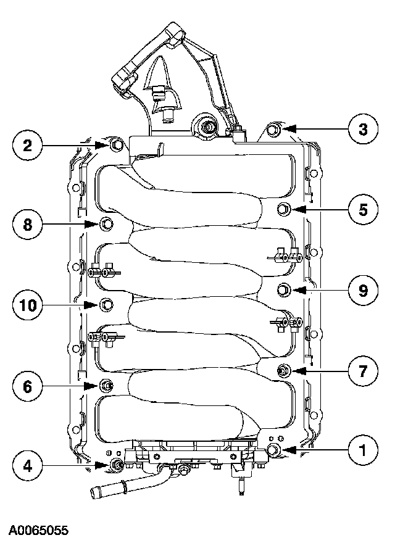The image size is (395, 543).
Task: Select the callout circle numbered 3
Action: point(362,130)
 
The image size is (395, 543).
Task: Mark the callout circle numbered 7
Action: point(362,371)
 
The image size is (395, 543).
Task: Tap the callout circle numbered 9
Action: point(362,289)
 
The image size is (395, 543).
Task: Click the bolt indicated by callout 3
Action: point(274,130)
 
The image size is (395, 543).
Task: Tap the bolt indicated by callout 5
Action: point(284,209)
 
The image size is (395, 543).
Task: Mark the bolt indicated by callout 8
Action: point(106,223)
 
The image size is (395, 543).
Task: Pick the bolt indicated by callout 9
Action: point(283,289)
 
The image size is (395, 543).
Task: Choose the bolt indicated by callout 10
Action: point(106,304)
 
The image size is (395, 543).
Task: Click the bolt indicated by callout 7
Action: point(283,371)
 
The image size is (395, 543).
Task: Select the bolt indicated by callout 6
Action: point(106,386)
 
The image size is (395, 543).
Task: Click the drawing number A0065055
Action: point(38,530)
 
